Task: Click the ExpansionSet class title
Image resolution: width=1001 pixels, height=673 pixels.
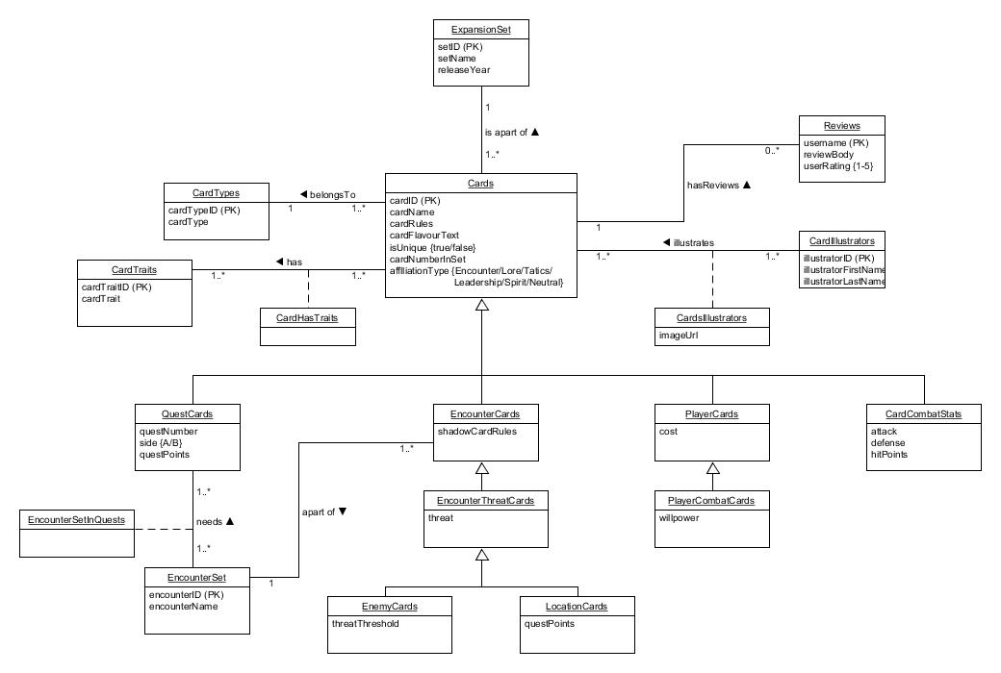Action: [x=480, y=30]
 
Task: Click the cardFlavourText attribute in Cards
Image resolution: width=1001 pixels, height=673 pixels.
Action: [x=424, y=236]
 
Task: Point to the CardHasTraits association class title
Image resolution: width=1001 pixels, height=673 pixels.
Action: [x=308, y=317]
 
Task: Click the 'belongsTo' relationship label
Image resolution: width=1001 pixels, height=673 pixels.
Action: [x=332, y=195]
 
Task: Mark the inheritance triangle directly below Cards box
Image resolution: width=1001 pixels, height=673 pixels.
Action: [x=480, y=306]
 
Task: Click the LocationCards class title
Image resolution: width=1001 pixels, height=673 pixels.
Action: [x=577, y=606]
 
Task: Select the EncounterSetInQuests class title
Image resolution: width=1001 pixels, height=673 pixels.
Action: [x=77, y=519]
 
